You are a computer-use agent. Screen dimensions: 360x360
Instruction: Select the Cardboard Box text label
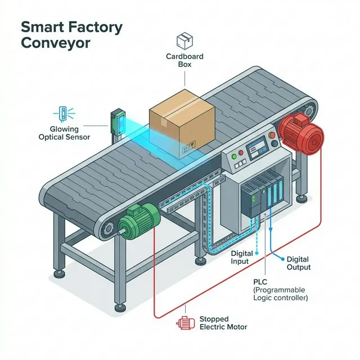pos(185,60)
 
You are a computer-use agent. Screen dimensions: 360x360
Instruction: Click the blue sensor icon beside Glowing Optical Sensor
pos(65,112)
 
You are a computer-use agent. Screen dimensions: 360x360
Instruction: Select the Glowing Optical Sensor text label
pos(64,133)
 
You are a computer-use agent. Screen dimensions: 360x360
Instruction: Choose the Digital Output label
pos(299,263)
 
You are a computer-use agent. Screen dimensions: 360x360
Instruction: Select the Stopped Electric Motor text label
pos(223,323)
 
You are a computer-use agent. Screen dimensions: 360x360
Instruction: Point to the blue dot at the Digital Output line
pos(281,258)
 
